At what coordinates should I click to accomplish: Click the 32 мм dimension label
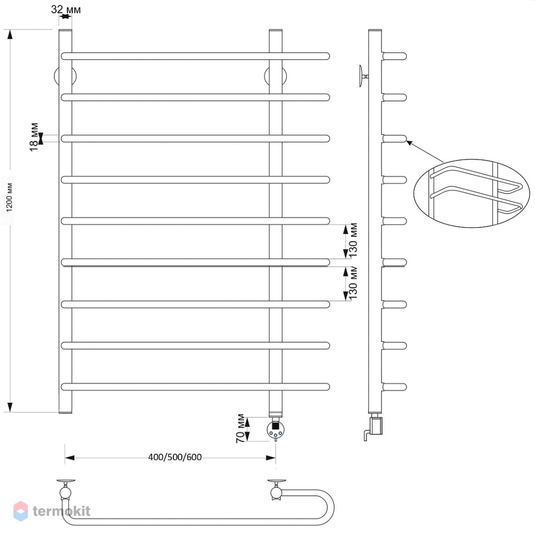[66, 10]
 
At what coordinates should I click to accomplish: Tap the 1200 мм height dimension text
[10, 197]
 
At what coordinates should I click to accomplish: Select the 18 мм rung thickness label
[34, 137]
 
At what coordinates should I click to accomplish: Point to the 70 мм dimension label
[241, 429]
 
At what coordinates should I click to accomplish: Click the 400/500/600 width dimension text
[175, 457]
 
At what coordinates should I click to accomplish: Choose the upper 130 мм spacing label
[353, 240]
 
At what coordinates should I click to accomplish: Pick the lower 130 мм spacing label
[353, 283]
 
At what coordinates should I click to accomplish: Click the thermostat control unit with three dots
[276, 429]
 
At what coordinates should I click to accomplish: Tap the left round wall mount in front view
[65, 76]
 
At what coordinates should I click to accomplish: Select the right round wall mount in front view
[275, 76]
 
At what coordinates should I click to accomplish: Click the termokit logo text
[62, 511]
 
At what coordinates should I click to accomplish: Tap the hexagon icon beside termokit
[20, 511]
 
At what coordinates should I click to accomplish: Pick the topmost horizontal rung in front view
[195, 56]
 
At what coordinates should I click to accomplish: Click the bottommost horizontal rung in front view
[195, 387]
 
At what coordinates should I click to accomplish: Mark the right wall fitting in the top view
[277, 490]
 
